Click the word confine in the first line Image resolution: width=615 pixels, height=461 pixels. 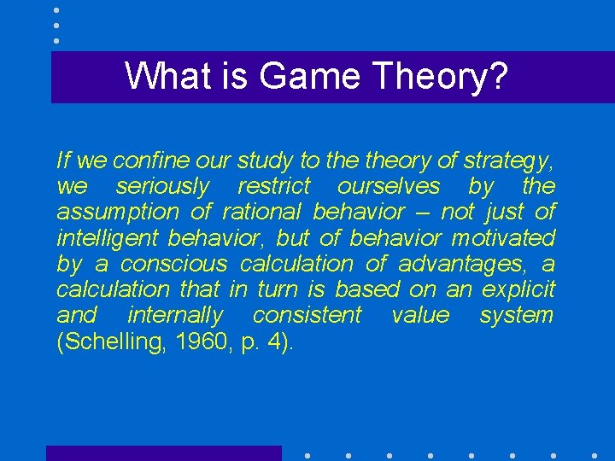143,160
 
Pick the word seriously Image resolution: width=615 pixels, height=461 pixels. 162,186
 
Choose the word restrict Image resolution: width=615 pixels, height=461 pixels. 273,186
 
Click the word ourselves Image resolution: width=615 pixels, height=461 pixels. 389,186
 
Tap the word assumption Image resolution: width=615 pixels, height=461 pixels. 118,212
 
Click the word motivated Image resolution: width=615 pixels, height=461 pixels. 503,237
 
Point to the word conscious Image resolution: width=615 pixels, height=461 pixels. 174,264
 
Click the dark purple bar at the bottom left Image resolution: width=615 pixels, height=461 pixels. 163,453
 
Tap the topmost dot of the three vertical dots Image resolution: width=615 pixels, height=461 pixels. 56,10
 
